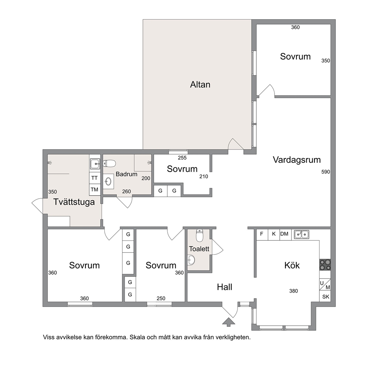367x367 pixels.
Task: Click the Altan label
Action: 200,84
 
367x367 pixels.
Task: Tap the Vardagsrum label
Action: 297,160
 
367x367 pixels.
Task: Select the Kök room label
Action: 292,265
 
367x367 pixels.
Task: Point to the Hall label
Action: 225,287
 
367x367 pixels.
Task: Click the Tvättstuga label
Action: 74,202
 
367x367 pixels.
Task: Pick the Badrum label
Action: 127,174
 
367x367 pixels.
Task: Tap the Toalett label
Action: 199,249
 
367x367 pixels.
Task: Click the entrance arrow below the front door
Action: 229,322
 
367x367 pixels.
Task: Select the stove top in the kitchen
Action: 325,265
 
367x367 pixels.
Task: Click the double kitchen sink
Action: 302,234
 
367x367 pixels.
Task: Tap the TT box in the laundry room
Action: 95,178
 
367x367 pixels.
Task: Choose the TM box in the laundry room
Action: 95,189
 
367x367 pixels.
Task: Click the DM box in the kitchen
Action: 284,234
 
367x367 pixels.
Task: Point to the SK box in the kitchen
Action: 326,297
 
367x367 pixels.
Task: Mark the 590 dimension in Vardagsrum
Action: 326,172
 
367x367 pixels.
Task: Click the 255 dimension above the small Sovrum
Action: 182,158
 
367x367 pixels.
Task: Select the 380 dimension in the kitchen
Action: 293,291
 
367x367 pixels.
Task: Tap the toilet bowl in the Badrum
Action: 110,164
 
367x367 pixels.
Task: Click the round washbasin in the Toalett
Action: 191,260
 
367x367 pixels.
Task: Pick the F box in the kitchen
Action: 262,233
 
